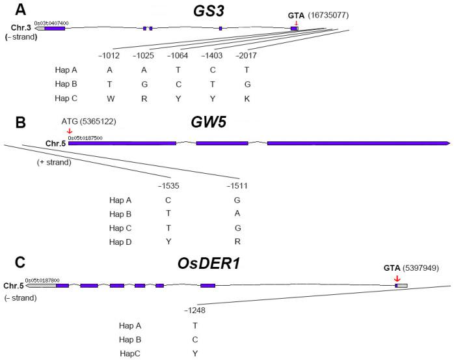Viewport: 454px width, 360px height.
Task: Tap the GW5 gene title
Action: pos(208,121)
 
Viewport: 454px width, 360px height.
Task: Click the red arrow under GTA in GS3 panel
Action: pos(296,24)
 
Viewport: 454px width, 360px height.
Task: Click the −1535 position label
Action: pos(168,186)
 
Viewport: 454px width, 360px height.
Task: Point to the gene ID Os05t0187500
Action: pos(85,137)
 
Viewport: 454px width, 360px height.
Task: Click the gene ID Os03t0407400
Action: pos(51,23)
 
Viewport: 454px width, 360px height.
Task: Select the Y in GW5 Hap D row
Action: pos(168,242)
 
